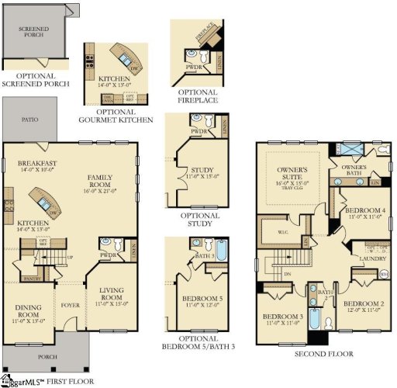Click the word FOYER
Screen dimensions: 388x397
coord(71,293)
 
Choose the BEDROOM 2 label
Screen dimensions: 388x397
coord(362,306)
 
